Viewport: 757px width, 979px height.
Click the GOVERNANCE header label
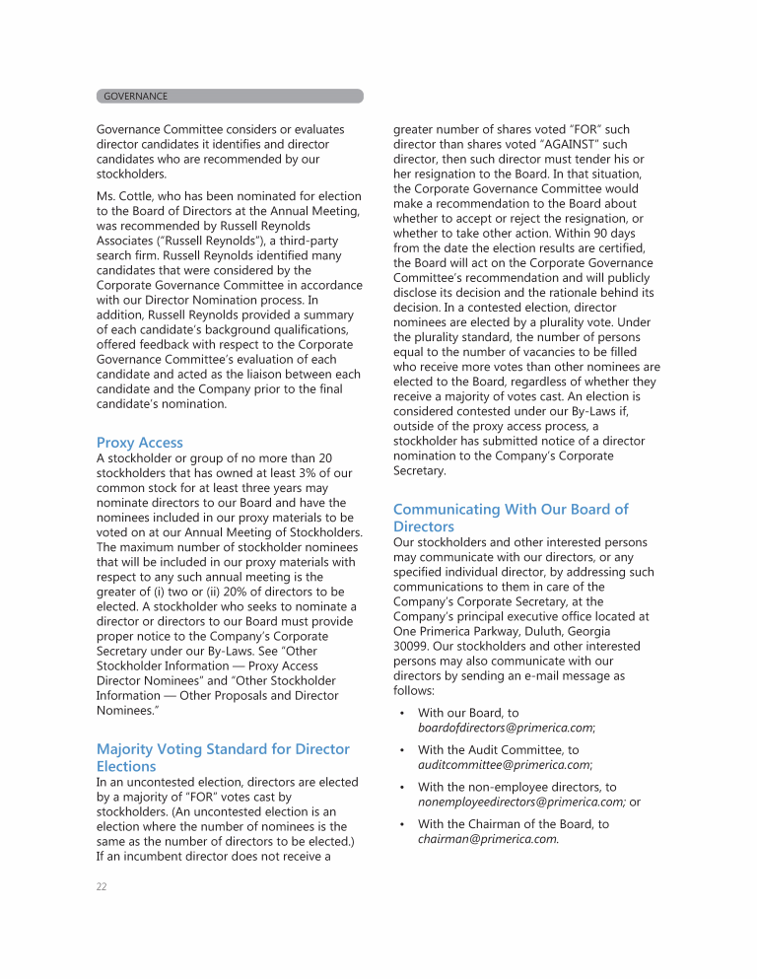pyautogui.click(x=135, y=97)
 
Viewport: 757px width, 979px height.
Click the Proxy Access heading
pyautogui.click(x=139, y=443)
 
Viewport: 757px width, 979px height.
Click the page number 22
pyautogui.click(x=102, y=887)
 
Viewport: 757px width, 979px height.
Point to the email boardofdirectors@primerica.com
pyautogui.click(x=505, y=728)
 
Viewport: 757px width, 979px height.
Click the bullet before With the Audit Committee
pyautogui.click(x=402, y=750)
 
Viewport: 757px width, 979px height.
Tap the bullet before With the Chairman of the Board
pyautogui.click(x=402, y=824)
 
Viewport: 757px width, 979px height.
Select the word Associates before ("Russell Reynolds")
pyautogui.click(x=128, y=240)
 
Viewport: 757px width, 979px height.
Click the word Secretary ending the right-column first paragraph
pyautogui.click(x=419, y=471)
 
